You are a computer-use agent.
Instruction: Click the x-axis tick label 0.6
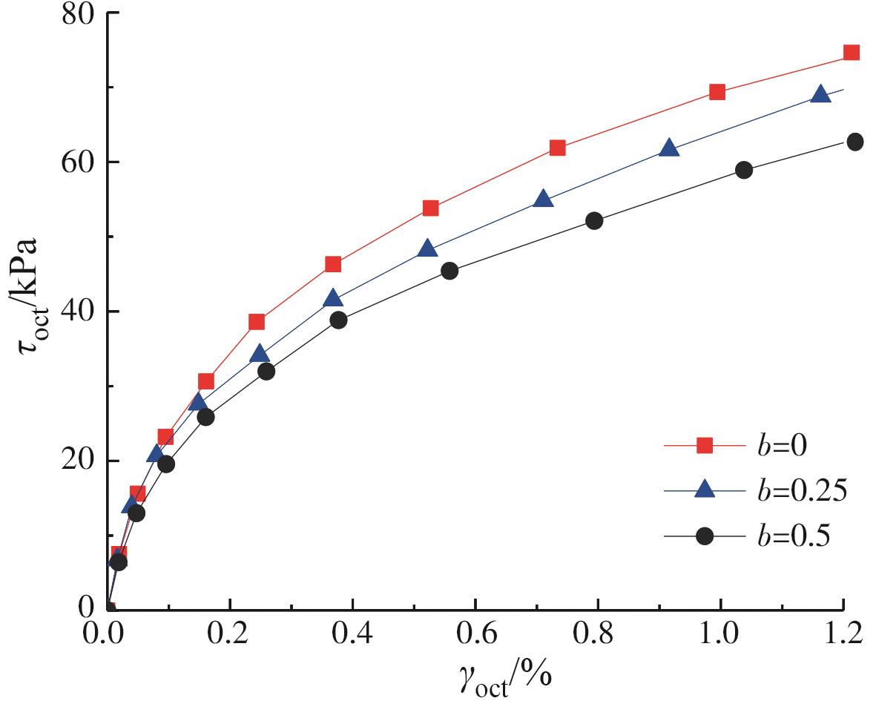475,636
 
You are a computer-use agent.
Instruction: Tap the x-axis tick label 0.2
230,636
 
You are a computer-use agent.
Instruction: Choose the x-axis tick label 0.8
597,636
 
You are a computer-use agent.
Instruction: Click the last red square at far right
852,53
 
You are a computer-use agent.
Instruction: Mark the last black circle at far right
854,142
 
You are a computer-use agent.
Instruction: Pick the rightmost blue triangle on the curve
820,94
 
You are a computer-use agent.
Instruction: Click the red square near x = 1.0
717,92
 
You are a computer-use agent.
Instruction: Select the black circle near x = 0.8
594,220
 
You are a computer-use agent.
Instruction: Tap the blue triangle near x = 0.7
543,199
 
